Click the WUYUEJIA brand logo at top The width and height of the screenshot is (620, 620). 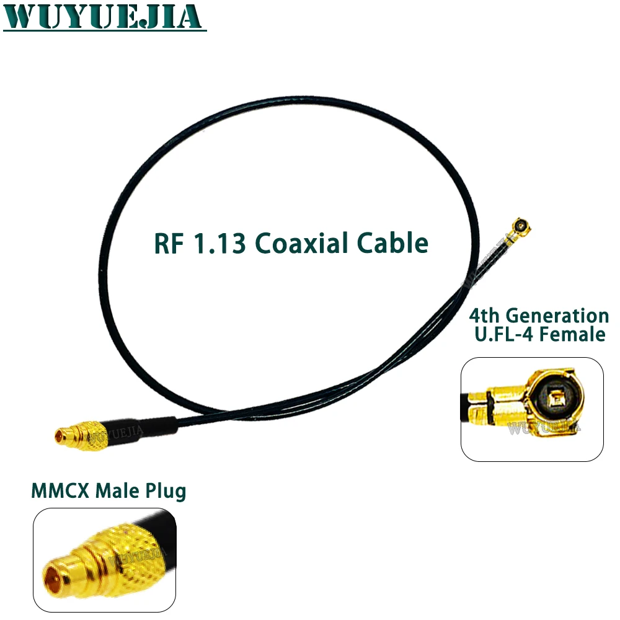tap(103, 16)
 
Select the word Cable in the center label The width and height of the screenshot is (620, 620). tap(392, 242)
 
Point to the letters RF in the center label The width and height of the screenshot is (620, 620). tap(169, 243)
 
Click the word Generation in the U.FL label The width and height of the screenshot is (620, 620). tap(557, 316)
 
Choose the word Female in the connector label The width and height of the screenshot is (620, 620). tap(572, 335)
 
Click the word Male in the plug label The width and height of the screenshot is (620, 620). tap(117, 490)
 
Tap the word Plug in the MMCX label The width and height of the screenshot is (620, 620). tap(166, 492)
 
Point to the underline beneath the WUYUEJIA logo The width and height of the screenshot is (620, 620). tap(105, 30)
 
